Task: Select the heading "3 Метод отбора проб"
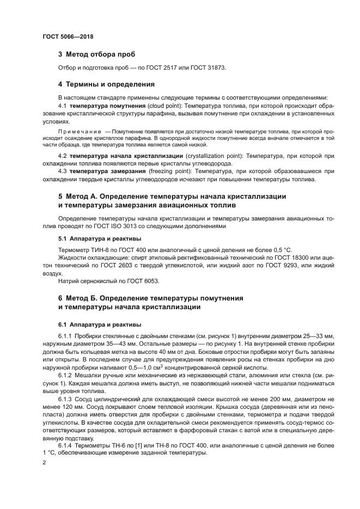coord(96,54)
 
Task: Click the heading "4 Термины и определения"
coord(106,84)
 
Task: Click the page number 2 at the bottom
coord(44,462)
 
